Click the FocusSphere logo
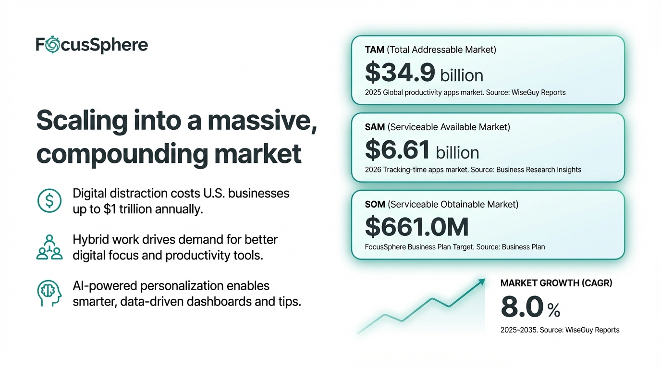point(92,45)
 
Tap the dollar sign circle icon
point(49,201)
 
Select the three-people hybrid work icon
point(49,247)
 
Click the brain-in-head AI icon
point(49,293)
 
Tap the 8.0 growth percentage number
point(522,307)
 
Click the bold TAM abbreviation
point(375,49)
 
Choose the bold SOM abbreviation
point(375,204)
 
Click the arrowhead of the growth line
point(481,282)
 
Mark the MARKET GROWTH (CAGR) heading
point(556,283)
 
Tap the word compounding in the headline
point(120,153)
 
